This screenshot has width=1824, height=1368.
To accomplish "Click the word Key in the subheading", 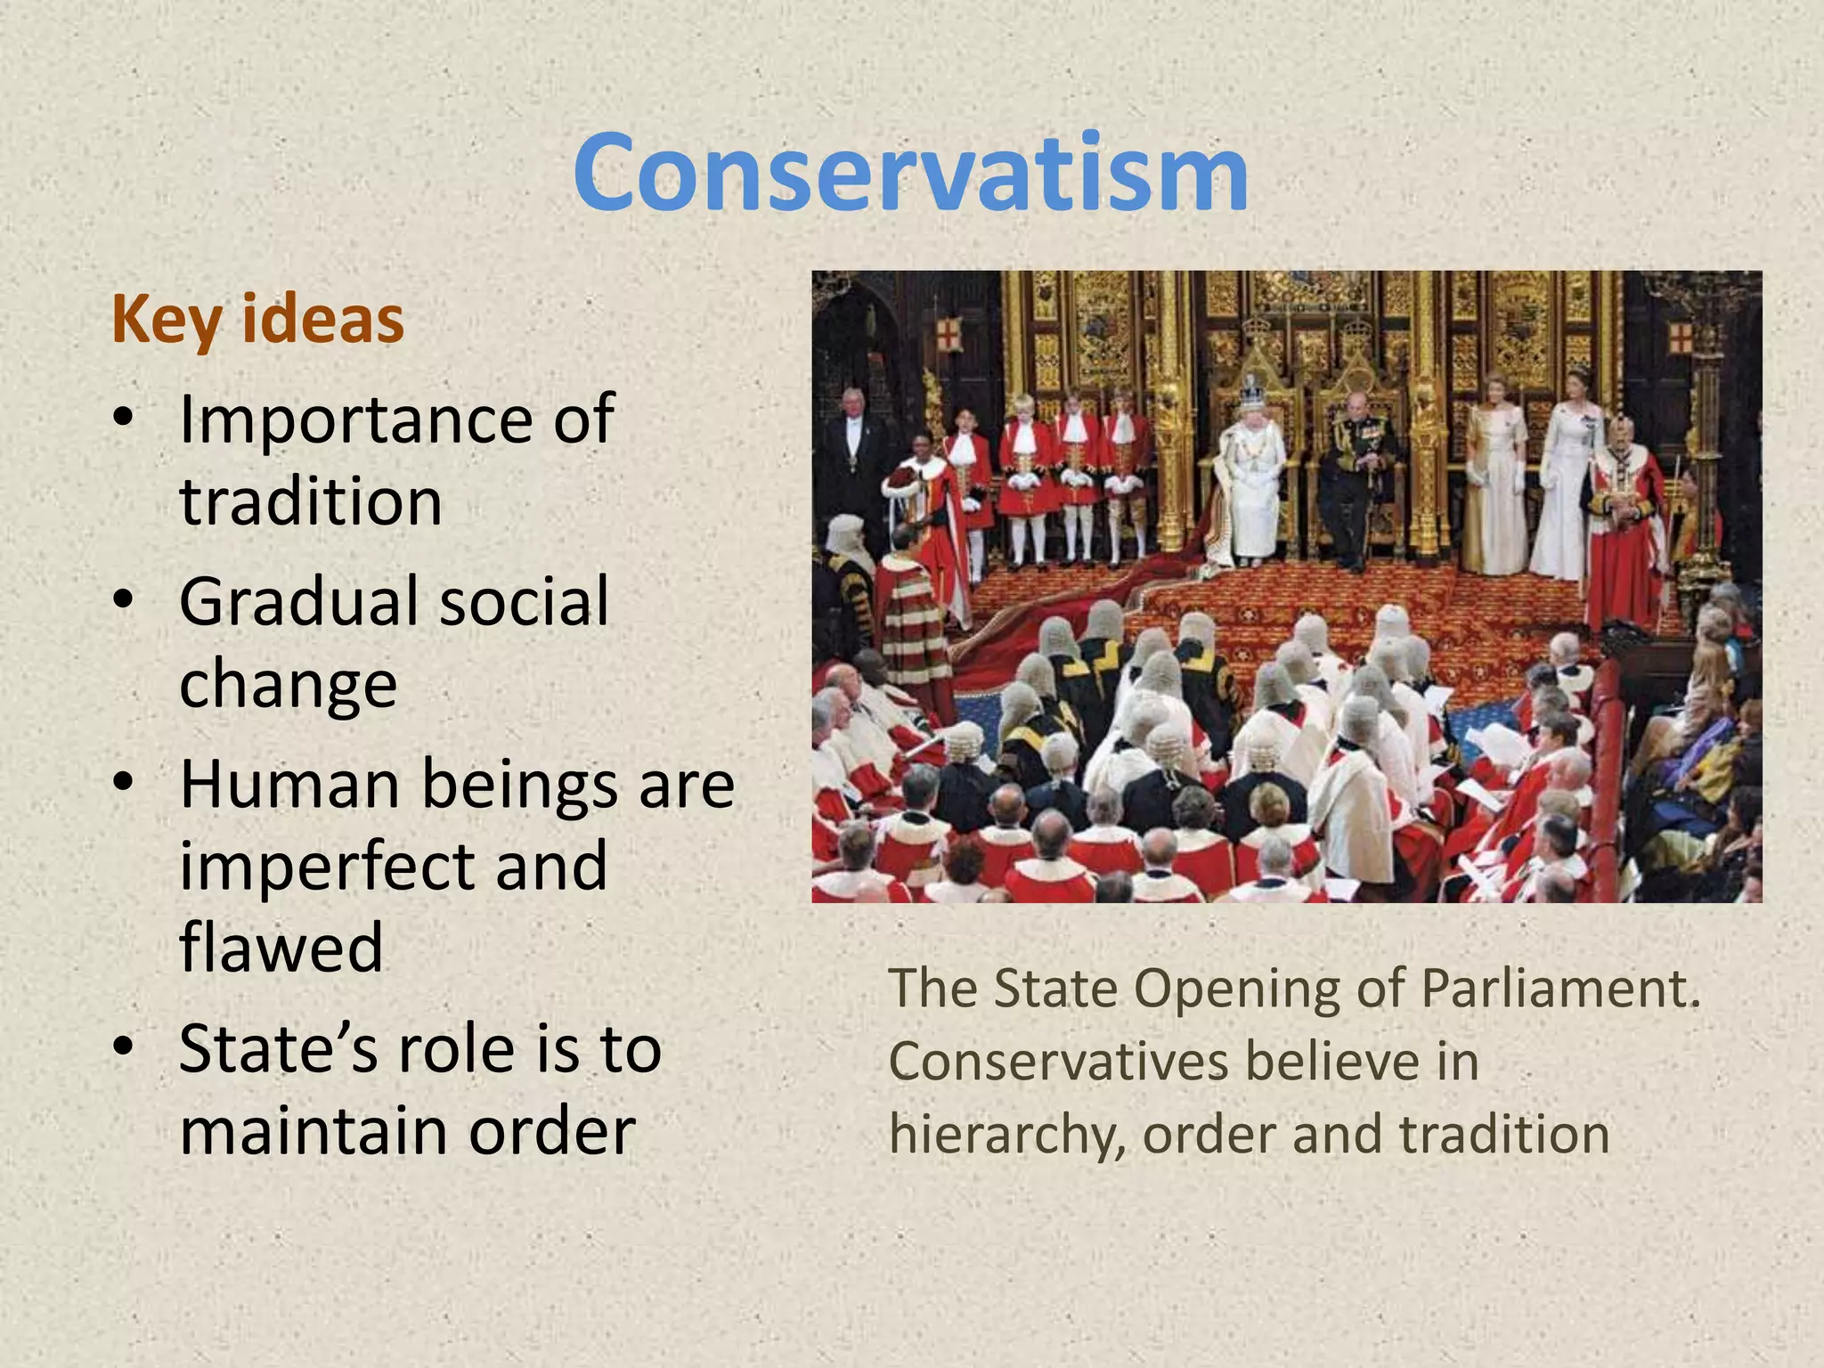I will coord(166,321).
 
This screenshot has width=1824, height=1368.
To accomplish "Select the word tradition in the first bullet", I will coord(311,501).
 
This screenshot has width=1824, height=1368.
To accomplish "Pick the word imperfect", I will coord(324,867).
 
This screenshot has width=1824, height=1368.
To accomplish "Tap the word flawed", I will coord(281,948).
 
